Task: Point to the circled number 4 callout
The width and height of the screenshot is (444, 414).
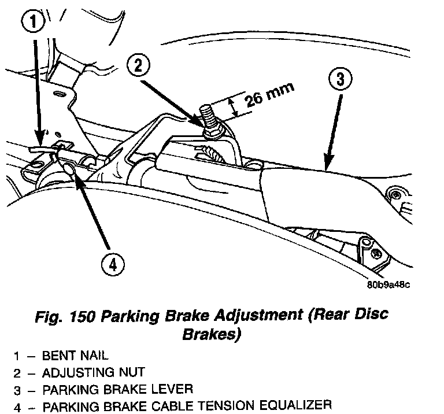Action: [112, 265]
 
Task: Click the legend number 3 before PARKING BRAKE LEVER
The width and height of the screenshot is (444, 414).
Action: [17, 389]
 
